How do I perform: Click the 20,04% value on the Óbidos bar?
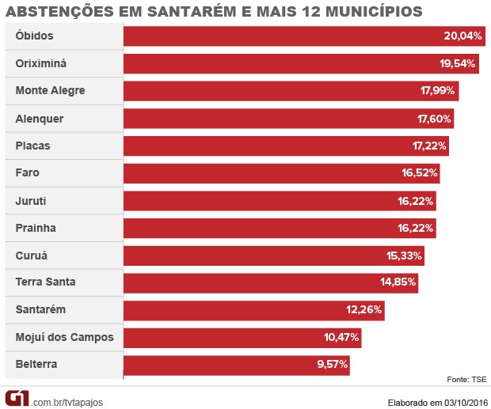click(462, 36)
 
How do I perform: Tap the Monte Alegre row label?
click(50, 91)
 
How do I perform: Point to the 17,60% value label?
click(434, 119)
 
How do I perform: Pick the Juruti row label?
click(31, 201)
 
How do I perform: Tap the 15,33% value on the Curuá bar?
click(405, 256)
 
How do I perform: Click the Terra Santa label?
click(45, 282)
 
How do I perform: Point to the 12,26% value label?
click(365, 310)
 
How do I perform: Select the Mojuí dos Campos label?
click(64, 338)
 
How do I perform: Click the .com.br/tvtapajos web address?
click(67, 402)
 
